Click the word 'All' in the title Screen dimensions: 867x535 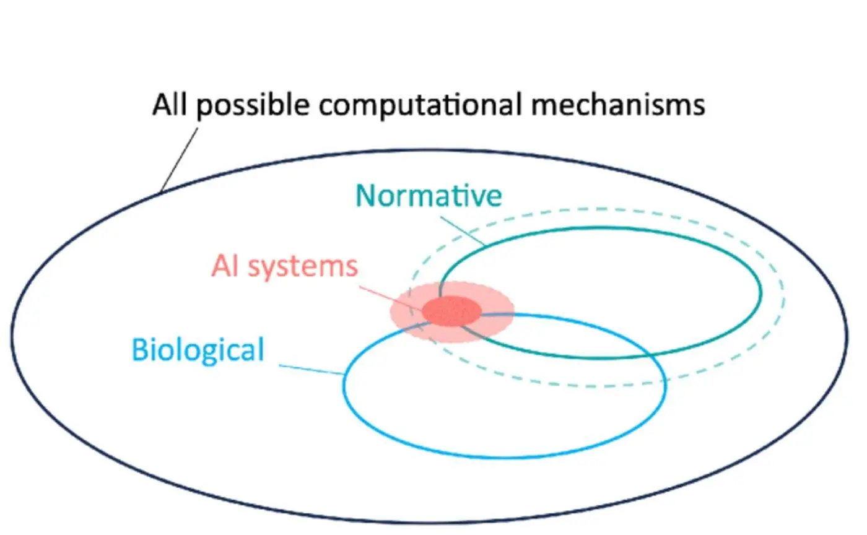tap(170, 104)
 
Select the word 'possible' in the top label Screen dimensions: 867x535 tap(253, 105)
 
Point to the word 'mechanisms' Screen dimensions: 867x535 tap(618, 104)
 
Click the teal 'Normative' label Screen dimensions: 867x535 tap(429, 196)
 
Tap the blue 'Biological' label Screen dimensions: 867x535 tap(198, 350)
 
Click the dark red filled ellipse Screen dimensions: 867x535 tap(451, 311)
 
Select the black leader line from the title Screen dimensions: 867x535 tap(180, 160)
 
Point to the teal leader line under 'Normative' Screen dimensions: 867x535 tap(463, 231)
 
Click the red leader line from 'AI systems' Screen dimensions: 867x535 tap(390, 298)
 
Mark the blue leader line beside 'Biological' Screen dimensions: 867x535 tap(312, 370)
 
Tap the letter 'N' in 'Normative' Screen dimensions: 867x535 tap(365, 196)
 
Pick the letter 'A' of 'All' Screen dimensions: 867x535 tap(162, 104)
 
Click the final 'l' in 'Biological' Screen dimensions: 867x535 tap(261, 349)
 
